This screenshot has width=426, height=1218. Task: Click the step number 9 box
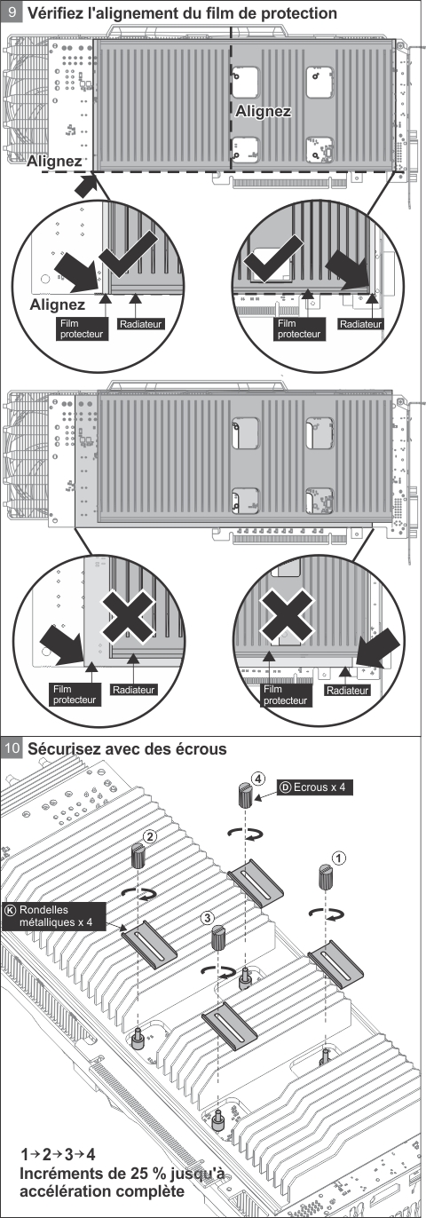point(12,12)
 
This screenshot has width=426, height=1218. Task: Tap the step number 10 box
point(12,748)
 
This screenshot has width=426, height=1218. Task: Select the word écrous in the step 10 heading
point(199,748)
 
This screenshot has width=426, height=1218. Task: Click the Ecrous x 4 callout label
point(315,787)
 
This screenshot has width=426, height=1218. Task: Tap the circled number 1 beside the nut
point(338,858)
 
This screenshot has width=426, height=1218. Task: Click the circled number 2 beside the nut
point(150,835)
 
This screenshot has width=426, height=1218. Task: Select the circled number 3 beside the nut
point(207,918)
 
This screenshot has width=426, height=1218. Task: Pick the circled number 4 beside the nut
point(258,779)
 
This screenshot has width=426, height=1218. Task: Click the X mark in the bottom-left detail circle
point(128,617)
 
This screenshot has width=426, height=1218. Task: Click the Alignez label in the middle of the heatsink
point(263,112)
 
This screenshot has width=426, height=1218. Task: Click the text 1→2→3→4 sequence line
point(58,1152)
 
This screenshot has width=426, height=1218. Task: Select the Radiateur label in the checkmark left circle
point(141,325)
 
